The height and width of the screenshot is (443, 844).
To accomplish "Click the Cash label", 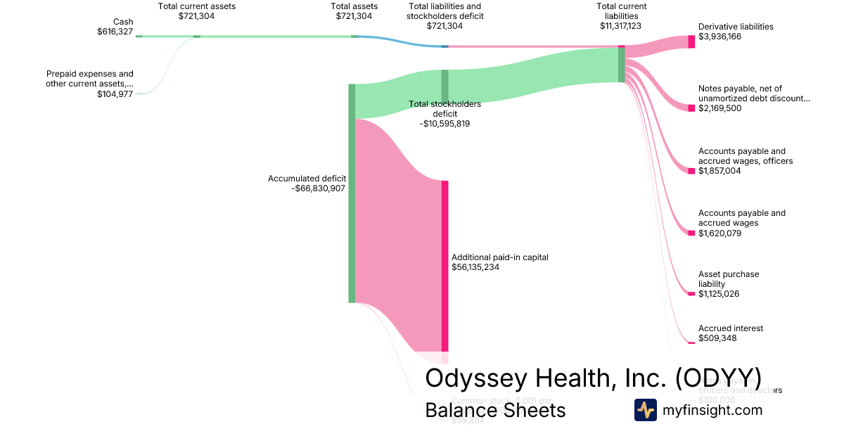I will (x=123, y=22).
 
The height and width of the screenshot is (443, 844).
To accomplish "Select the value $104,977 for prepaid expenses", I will (x=115, y=94).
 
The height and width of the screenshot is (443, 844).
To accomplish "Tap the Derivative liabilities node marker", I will (x=691, y=41).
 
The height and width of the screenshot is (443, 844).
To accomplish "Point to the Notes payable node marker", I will (x=691, y=108).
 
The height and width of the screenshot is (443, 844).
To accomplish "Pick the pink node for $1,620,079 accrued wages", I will (x=691, y=233).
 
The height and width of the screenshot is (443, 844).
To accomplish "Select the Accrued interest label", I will (x=731, y=328).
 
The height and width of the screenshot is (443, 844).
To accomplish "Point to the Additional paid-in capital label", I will (x=499, y=257).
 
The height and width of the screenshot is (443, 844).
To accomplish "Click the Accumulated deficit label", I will (x=307, y=179).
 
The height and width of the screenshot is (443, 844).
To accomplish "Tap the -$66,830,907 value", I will (x=318, y=188).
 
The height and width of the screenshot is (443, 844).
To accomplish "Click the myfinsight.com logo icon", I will (x=645, y=410).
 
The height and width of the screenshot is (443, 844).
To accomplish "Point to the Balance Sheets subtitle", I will (x=495, y=410).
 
